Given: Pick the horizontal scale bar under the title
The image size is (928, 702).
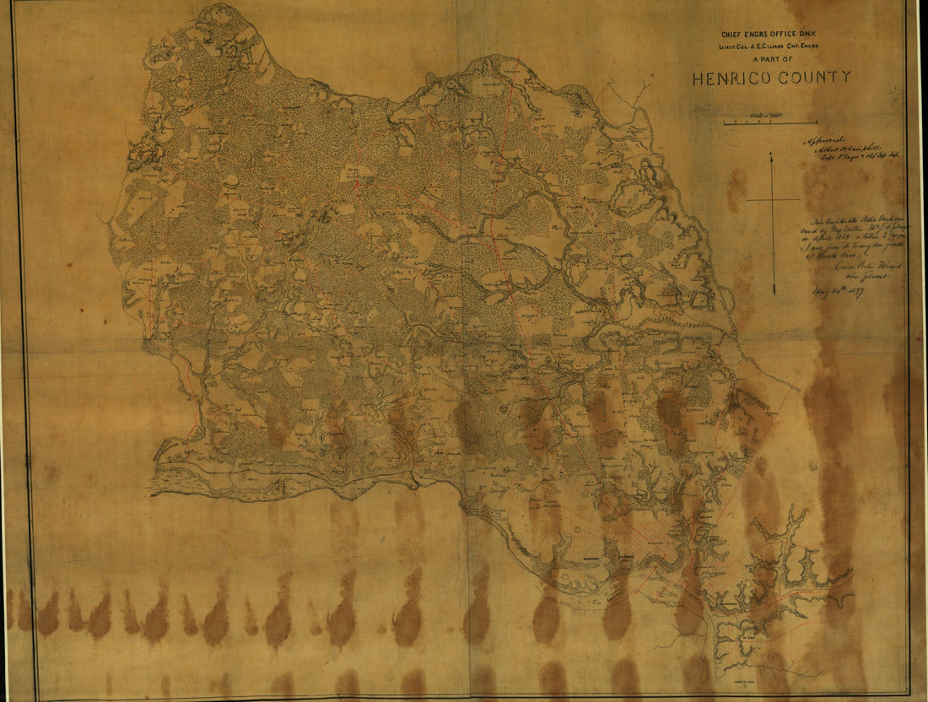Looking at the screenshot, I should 769,123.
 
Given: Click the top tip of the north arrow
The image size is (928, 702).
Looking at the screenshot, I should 770,154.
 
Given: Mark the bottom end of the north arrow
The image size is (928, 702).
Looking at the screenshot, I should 773,294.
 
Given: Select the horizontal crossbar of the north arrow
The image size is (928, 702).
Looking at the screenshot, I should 772,199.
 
